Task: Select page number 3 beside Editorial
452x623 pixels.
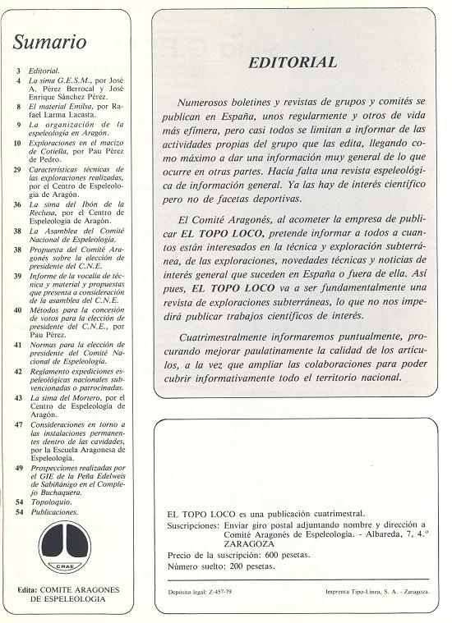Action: pyautogui.click(x=17, y=72)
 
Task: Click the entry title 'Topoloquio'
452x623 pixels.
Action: pyautogui.click(x=50, y=500)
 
